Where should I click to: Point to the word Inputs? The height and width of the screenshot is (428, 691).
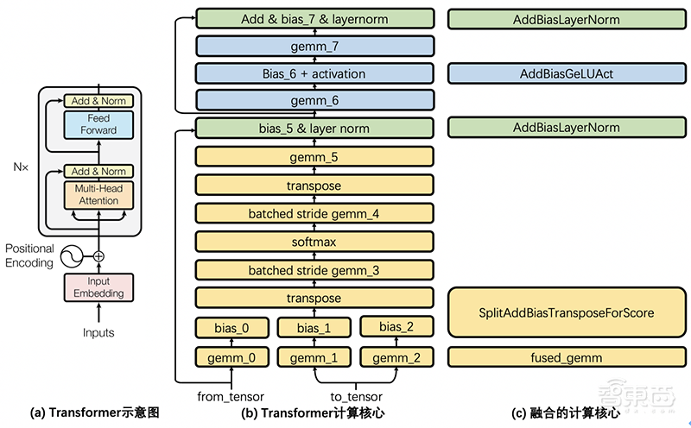99,332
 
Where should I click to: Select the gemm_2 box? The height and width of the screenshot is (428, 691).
396,356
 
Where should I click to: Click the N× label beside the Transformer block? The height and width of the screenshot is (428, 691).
20,164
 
